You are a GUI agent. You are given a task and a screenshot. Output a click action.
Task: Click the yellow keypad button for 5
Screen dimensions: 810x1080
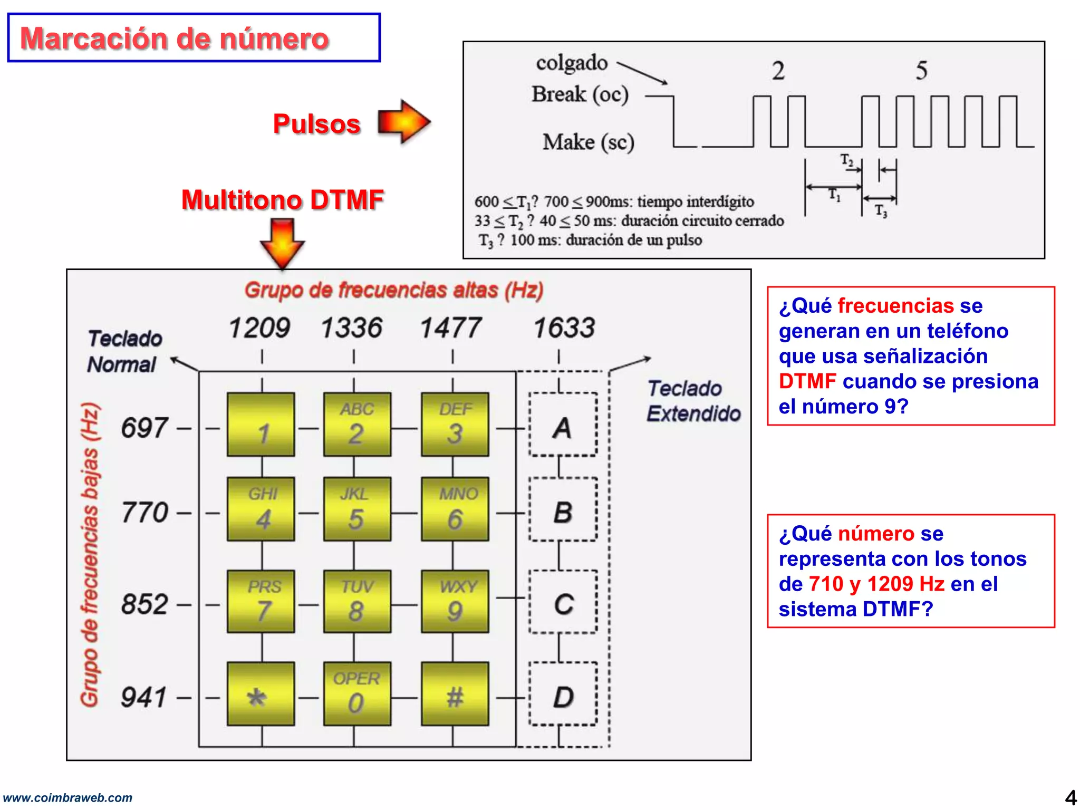pos(357,509)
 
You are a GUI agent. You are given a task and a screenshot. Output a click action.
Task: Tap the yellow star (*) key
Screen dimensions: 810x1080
pos(261,693)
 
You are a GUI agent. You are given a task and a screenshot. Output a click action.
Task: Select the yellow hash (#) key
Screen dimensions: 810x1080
pos(455,693)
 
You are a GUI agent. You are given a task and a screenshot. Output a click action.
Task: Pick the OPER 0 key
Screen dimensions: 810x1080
pos(357,693)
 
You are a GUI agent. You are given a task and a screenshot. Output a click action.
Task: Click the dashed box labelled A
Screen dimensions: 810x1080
pos(563,425)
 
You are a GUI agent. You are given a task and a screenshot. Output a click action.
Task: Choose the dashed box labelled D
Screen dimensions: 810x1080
pos(563,695)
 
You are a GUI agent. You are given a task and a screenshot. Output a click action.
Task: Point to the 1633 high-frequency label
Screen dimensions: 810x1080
pos(564,328)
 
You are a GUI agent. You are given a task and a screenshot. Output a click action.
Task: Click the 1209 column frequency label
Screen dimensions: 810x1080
pos(259,328)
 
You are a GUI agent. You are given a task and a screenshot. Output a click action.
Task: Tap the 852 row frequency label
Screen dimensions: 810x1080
pos(144,604)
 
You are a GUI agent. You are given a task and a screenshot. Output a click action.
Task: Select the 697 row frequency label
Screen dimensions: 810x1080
pos(144,428)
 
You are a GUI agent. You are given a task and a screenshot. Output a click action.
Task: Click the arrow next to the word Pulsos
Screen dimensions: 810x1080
pos(404,122)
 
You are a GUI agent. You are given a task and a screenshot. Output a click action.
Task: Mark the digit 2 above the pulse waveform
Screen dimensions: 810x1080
pos(778,71)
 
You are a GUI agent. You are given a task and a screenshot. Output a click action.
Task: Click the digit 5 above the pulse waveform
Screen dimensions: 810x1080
pos(921,71)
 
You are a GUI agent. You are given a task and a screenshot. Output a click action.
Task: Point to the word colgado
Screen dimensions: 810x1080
pos(572,63)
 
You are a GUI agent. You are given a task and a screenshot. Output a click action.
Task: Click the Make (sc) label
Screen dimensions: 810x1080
pos(589,142)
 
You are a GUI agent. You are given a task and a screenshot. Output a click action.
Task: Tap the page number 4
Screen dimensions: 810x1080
pos(1071,797)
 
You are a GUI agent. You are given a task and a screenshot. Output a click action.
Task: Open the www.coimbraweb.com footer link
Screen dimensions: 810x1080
pos(67,797)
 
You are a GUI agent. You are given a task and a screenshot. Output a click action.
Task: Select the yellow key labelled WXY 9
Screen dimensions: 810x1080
pos(455,601)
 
